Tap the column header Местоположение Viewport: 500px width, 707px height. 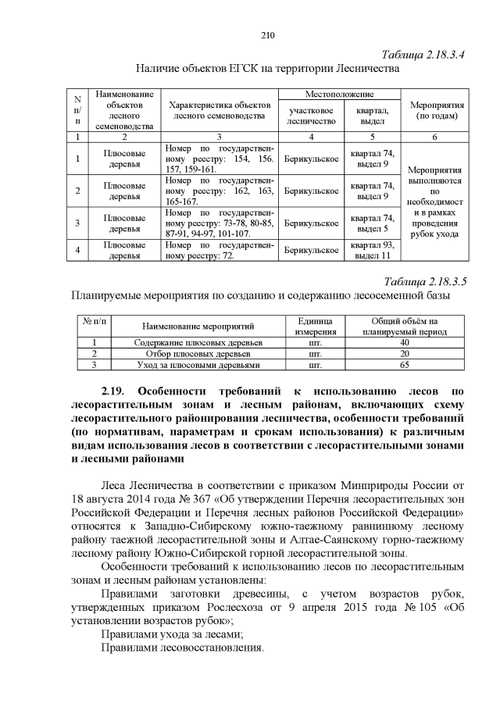[x=338, y=94]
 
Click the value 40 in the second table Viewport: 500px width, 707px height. [x=404, y=343]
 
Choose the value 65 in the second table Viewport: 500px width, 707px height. [x=404, y=364]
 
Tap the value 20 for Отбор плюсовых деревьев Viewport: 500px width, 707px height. [x=404, y=354]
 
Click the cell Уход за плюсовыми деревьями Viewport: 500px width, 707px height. [x=198, y=364]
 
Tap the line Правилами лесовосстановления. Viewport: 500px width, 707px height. [x=184, y=648]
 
